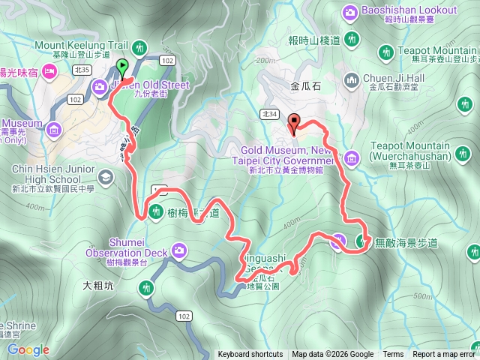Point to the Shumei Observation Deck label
[x=127, y=247]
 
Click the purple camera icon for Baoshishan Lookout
[x=350, y=13]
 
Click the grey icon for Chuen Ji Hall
[x=350, y=79]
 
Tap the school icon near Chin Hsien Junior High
[x=104, y=177]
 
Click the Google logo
[x=28, y=349]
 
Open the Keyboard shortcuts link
[x=250, y=355]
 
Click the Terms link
[x=393, y=355]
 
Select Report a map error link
[x=444, y=355]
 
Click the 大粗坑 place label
[x=98, y=285]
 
